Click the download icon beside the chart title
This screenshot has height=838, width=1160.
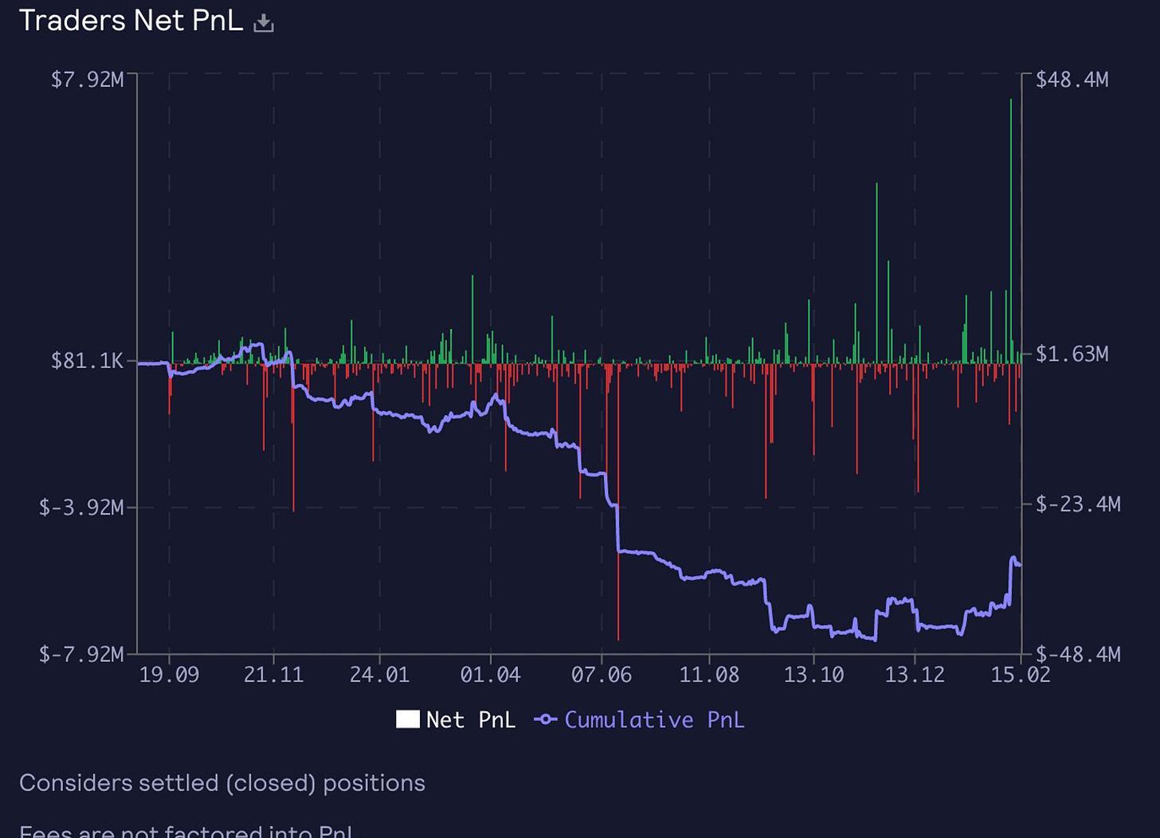click(x=263, y=24)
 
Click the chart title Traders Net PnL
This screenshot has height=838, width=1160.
click(x=131, y=21)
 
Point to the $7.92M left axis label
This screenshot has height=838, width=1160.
click(x=87, y=80)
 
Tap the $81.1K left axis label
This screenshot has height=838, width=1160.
click(x=87, y=361)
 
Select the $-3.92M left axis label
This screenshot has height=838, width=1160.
click(x=81, y=507)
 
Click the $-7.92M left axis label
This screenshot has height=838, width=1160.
click(x=81, y=655)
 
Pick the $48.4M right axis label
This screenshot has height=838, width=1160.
click(x=1072, y=80)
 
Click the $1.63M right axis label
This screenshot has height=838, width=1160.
click(x=1072, y=354)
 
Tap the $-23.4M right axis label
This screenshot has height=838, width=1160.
click(x=1077, y=504)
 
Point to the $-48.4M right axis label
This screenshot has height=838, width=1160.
click(x=1077, y=655)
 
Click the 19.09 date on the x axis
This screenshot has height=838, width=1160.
click(x=169, y=675)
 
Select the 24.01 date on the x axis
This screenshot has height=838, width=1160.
click(x=379, y=675)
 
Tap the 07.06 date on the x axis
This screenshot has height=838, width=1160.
click(x=601, y=675)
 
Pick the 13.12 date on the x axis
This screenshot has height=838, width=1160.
click(x=915, y=675)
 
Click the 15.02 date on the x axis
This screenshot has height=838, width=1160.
click(x=1021, y=675)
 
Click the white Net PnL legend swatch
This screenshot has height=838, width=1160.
click(x=408, y=719)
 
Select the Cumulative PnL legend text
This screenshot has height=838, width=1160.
click(x=654, y=720)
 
